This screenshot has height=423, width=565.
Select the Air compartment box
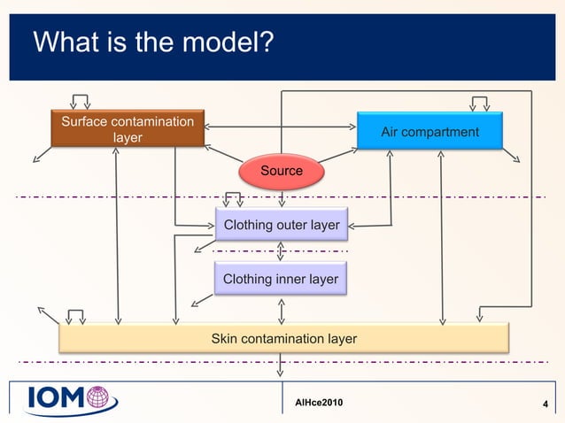(430, 131)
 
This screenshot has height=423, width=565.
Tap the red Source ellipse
(281, 170)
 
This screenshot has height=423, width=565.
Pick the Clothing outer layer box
(281, 225)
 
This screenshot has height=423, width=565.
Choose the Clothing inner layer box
(281, 279)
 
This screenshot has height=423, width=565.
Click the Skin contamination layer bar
(283, 337)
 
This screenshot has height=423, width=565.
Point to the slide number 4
(544, 405)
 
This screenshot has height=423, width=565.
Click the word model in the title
(222, 42)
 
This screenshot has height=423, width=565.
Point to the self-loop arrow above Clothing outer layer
(235, 198)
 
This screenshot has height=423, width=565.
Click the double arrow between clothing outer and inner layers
(281, 251)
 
